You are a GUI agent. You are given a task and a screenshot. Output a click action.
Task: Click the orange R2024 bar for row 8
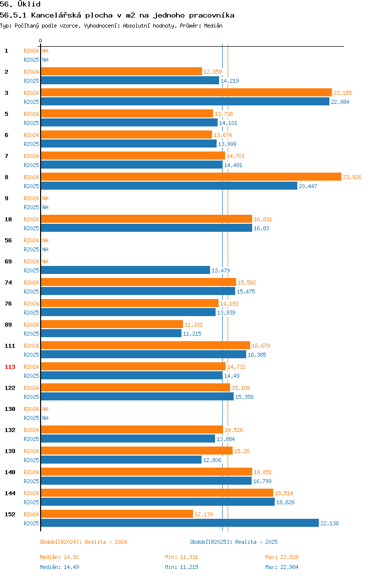[191, 177]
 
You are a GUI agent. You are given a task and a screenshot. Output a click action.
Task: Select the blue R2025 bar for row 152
[179, 523]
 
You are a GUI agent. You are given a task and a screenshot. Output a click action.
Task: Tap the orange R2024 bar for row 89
[112, 324]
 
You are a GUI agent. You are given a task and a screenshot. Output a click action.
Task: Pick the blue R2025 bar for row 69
[125, 270]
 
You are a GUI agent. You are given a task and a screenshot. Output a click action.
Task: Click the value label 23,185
[342, 93]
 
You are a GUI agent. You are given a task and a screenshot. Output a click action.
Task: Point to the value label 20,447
[308, 186]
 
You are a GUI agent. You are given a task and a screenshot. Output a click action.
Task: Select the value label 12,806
[212, 460]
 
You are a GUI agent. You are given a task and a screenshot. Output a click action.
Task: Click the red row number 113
[10, 367]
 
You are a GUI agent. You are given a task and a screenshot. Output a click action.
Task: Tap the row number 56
[8, 240]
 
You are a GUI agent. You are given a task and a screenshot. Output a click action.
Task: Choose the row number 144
[10, 493]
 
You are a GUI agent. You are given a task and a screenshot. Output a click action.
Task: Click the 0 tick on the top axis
[41, 41]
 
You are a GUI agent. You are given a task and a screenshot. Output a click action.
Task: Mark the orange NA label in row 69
[45, 261]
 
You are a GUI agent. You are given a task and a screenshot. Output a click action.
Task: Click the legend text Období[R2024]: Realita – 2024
[83, 542]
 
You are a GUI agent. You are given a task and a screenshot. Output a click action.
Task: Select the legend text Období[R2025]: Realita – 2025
[234, 542]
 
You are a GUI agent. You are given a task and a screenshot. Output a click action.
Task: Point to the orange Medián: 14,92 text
[60, 557]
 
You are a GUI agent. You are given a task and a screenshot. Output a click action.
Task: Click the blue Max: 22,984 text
[282, 567]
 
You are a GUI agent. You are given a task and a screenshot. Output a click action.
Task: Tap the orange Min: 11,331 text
[182, 557]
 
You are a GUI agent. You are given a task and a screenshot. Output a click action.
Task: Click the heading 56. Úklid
[20, 5]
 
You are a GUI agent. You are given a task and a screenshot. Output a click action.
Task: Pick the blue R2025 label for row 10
[31, 228]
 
